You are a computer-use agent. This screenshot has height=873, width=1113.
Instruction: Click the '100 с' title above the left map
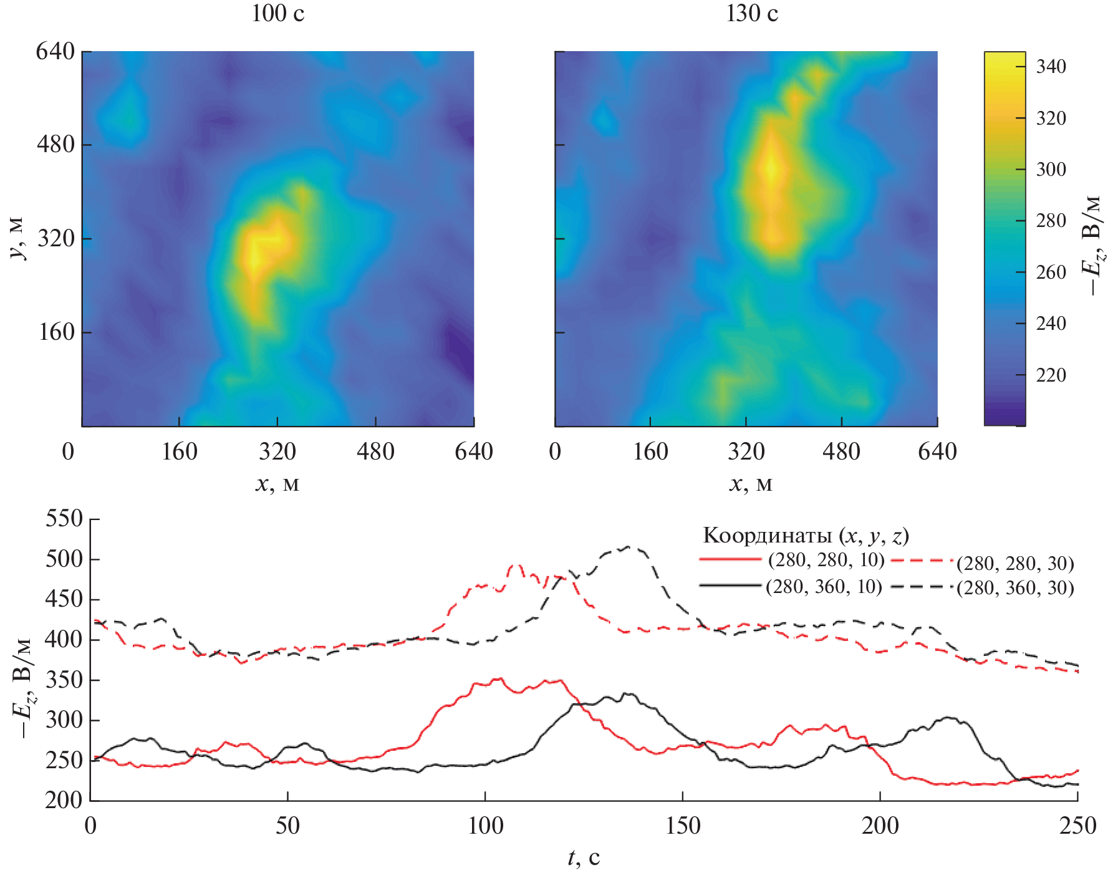click(x=277, y=13)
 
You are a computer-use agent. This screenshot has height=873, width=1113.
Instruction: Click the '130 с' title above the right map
click(x=752, y=13)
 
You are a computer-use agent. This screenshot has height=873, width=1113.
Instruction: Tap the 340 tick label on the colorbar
click(x=1051, y=66)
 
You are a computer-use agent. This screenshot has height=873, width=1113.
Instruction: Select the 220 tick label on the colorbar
click(x=1051, y=375)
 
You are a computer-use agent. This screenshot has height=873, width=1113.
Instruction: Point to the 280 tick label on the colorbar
click(x=1051, y=221)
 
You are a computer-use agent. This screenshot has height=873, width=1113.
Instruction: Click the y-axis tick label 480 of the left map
click(x=55, y=145)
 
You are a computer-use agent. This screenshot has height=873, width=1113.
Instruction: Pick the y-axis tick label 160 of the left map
click(x=57, y=332)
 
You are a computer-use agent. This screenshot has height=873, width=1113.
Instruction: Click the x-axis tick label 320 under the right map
click(x=746, y=451)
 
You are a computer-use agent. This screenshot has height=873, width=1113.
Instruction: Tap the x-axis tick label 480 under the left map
click(x=375, y=451)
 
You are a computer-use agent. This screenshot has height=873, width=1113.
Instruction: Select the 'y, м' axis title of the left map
click(x=18, y=238)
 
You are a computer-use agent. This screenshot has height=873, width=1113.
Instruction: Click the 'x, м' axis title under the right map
click(x=751, y=484)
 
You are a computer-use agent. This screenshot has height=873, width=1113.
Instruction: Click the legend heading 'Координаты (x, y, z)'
click(x=806, y=535)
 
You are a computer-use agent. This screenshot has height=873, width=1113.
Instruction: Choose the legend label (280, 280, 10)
click(x=826, y=560)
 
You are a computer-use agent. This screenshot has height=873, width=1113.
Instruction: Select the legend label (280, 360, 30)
click(x=1015, y=588)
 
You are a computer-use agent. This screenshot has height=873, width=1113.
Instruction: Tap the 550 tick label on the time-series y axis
click(x=64, y=519)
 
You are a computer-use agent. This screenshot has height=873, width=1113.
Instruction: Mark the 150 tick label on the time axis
click(x=683, y=826)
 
